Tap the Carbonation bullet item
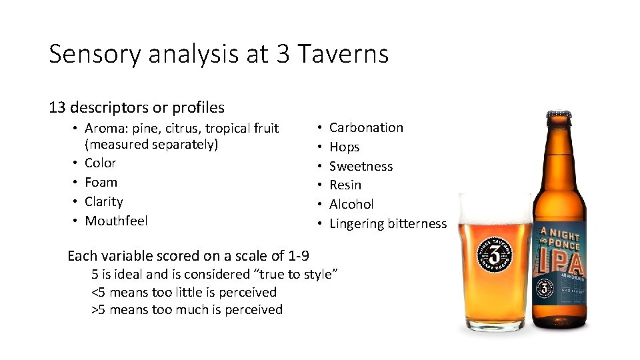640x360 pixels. click(x=366, y=127)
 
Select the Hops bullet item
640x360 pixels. click(x=344, y=147)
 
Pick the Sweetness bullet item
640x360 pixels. click(x=361, y=166)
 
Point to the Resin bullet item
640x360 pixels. click(x=345, y=185)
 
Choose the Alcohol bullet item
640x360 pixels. click(x=351, y=204)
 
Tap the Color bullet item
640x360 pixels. click(x=100, y=163)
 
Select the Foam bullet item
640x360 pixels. click(x=101, y=182)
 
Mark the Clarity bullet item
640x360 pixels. click(x=103, y=201)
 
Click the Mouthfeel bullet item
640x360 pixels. click(x=116, y=221)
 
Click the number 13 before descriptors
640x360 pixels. click(x=57, y=107)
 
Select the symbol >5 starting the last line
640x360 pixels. click(x=98, y=309)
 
